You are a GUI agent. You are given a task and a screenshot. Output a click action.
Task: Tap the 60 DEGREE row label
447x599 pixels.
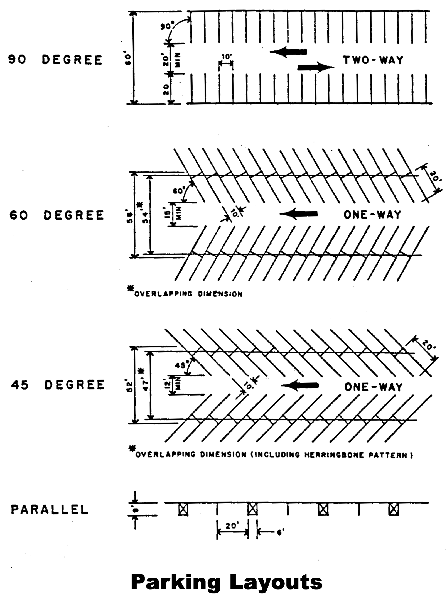57,215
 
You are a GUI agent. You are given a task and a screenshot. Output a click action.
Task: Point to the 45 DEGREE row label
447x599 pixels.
58,385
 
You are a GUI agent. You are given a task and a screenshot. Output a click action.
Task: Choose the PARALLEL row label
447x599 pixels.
50,510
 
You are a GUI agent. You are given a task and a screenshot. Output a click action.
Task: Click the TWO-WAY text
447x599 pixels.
373,60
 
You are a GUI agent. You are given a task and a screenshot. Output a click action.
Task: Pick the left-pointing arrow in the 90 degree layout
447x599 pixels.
288,52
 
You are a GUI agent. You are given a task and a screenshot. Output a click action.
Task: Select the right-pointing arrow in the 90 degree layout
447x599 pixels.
316,67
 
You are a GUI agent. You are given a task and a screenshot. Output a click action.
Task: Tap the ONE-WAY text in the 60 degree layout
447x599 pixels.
372,215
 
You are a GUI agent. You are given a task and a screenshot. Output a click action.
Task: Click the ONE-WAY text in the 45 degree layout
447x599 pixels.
373,387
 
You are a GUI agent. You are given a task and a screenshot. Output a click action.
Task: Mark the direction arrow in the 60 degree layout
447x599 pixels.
298,214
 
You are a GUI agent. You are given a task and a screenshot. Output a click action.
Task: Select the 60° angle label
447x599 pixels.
179,191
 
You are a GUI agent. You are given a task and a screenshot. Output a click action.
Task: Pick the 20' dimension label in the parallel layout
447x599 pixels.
231,526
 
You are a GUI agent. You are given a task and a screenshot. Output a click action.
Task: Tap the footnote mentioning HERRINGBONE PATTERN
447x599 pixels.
273,455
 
